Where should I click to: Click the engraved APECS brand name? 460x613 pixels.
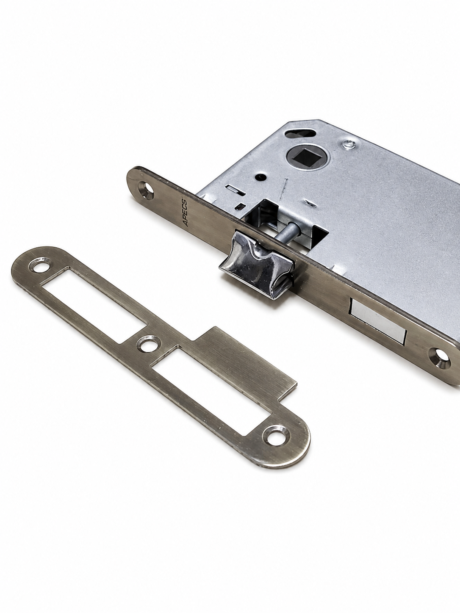pos(186,212)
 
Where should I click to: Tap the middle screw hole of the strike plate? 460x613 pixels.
pos(148,346)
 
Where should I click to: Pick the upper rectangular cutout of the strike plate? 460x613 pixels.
pos(94,305)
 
